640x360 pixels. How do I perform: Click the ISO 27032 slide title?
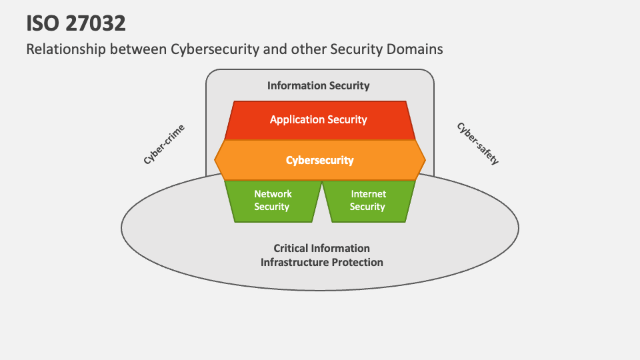(x=76, y=23)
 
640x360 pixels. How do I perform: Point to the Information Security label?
(x=318, y=85)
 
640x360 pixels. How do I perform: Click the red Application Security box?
(x=318, y=120)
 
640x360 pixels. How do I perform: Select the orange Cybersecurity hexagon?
(x=319, y=160)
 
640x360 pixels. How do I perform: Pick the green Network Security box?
(x=273, y=200)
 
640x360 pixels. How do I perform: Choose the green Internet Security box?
(x=368, y=200)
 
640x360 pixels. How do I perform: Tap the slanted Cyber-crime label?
(x=164, y=145)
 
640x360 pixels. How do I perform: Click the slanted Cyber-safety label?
(x=477, y=143)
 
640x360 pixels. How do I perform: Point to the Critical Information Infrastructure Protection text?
(x=321, y=255)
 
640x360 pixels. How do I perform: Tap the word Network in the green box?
(x=273, y=194)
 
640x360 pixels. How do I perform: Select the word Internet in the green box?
(x=369, y=194)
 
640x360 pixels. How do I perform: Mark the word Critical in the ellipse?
(x=291, y=249)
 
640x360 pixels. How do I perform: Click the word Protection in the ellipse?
(x=354, y=262)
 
